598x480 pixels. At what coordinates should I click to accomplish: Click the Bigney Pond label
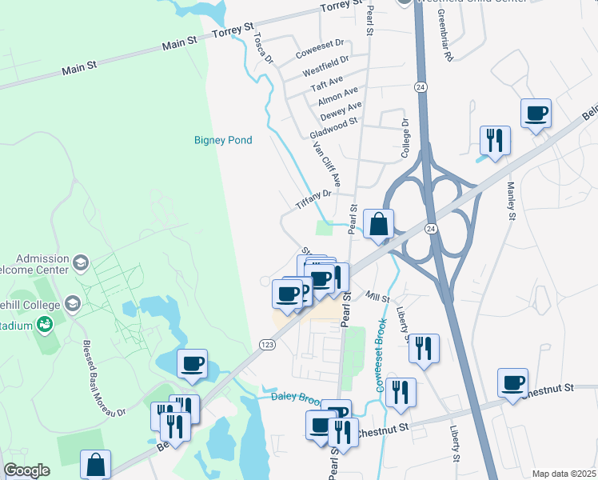coord(223,141)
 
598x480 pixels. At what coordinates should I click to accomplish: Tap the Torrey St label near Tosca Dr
coord(232,33)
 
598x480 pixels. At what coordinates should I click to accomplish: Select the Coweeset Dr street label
coord(319,49)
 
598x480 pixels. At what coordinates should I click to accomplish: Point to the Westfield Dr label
coord(325,66)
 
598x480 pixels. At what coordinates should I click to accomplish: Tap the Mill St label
coord(377,297)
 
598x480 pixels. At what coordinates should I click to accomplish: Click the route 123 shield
coord(267,344)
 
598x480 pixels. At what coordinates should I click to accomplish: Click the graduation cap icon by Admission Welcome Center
coord(80,262)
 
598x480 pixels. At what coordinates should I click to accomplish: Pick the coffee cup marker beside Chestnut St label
coord(512,382)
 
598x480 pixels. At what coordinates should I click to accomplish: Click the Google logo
coord(26,470)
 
